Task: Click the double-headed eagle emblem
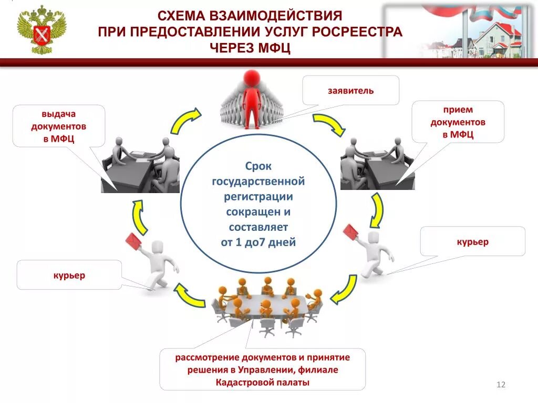point(42,30)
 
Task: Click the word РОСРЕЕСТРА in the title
point(357,32)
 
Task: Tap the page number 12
point(500,385)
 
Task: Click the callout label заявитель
point(350,91)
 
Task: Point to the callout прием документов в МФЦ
point(458,122)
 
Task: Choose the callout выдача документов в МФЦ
point(59,126)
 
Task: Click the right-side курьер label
point(472,242)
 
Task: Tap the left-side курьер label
point(69,275)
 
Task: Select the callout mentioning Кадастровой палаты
point(262,369)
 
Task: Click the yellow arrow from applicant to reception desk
point(329,124)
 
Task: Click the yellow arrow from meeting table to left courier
point(189,295)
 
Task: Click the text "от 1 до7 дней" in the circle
point(258,242)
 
